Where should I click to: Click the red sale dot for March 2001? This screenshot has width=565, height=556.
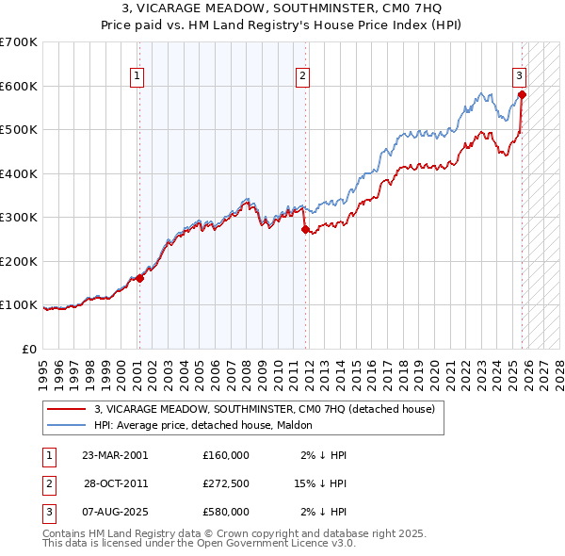[x=139, y=278]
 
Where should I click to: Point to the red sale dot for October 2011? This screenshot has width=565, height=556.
[x=305, y=229]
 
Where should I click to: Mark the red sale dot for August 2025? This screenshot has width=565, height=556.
[x=522, y=94]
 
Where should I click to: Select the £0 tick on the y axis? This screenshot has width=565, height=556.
[x=29, y=349]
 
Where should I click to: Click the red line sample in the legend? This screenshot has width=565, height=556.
[x=67, y=410]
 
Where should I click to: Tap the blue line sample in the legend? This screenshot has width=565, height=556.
[x=67, y=426]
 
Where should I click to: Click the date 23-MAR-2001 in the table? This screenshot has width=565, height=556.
[x=115, y=455]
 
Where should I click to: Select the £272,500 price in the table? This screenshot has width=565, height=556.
[x=226, y=483]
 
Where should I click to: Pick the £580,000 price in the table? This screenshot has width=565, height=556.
[x=226, y=512]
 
